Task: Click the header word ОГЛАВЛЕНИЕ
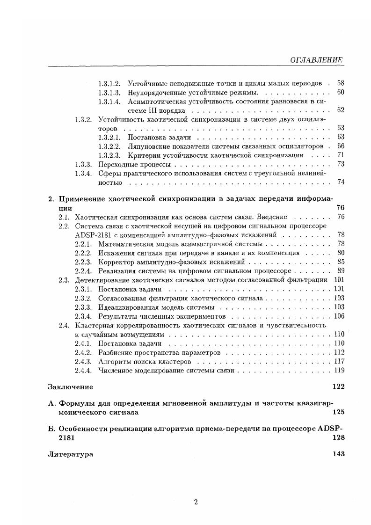click(317, 60)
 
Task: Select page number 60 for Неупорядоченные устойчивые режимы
click(340, 92)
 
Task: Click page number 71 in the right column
click(340, 155)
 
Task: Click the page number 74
click(340, 182)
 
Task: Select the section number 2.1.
click(64, 217)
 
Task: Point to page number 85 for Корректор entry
click(340, 262)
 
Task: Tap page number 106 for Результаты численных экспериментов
click(339, 316)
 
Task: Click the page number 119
click(339, 370)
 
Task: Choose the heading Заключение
click(70, 387)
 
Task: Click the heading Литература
click(70, 454)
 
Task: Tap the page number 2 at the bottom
click(196, 502)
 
